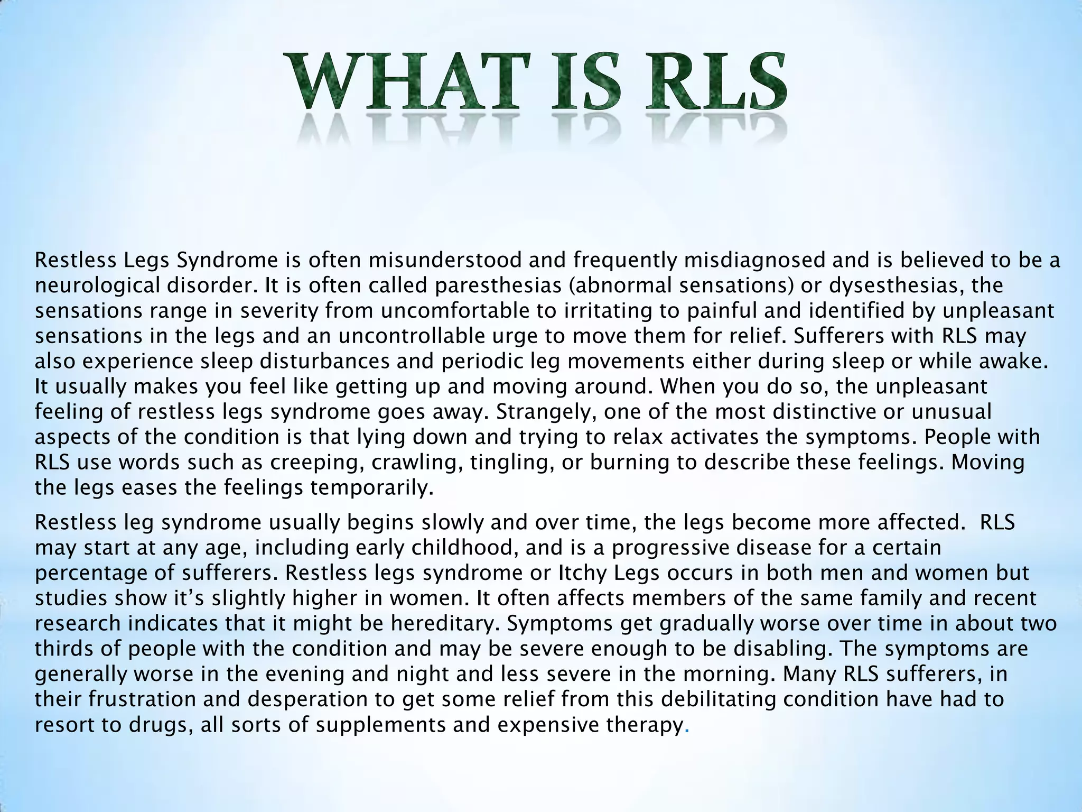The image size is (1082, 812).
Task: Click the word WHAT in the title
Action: pyautogui.click(x=407, y=84)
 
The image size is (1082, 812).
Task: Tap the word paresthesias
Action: pyautogui.click(x=502, y=285)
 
